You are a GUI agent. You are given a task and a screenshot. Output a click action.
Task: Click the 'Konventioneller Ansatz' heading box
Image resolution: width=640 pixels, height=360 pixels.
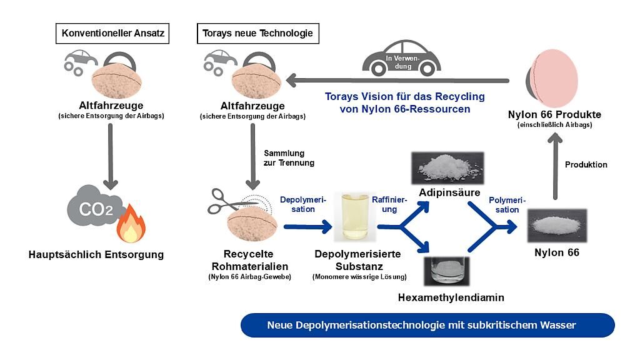click(x=112, y=32)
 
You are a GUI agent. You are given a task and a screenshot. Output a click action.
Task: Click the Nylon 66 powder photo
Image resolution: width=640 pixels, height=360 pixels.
click(x=556, y=225)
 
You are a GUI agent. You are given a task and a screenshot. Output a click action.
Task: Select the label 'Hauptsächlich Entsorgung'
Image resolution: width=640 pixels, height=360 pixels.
click(x=96, y=254)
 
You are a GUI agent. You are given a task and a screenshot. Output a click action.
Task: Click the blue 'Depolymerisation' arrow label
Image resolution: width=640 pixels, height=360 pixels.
click(x=302, y=204)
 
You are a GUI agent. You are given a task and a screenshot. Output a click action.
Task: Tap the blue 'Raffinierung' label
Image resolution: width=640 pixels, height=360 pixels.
click(x=389, y=204)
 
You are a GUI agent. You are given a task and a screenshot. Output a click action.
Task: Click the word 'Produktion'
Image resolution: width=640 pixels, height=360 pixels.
click(x=586, y=164)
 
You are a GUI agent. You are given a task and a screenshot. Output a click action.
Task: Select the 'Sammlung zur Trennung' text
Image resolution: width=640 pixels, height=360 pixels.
click(x=288, y=157)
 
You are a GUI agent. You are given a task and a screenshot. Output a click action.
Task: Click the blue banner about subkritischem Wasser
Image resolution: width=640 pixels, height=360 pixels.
click(x=427, y=325)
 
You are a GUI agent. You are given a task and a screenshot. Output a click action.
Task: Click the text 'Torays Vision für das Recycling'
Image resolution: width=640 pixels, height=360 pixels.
click(x=405, y=97)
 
